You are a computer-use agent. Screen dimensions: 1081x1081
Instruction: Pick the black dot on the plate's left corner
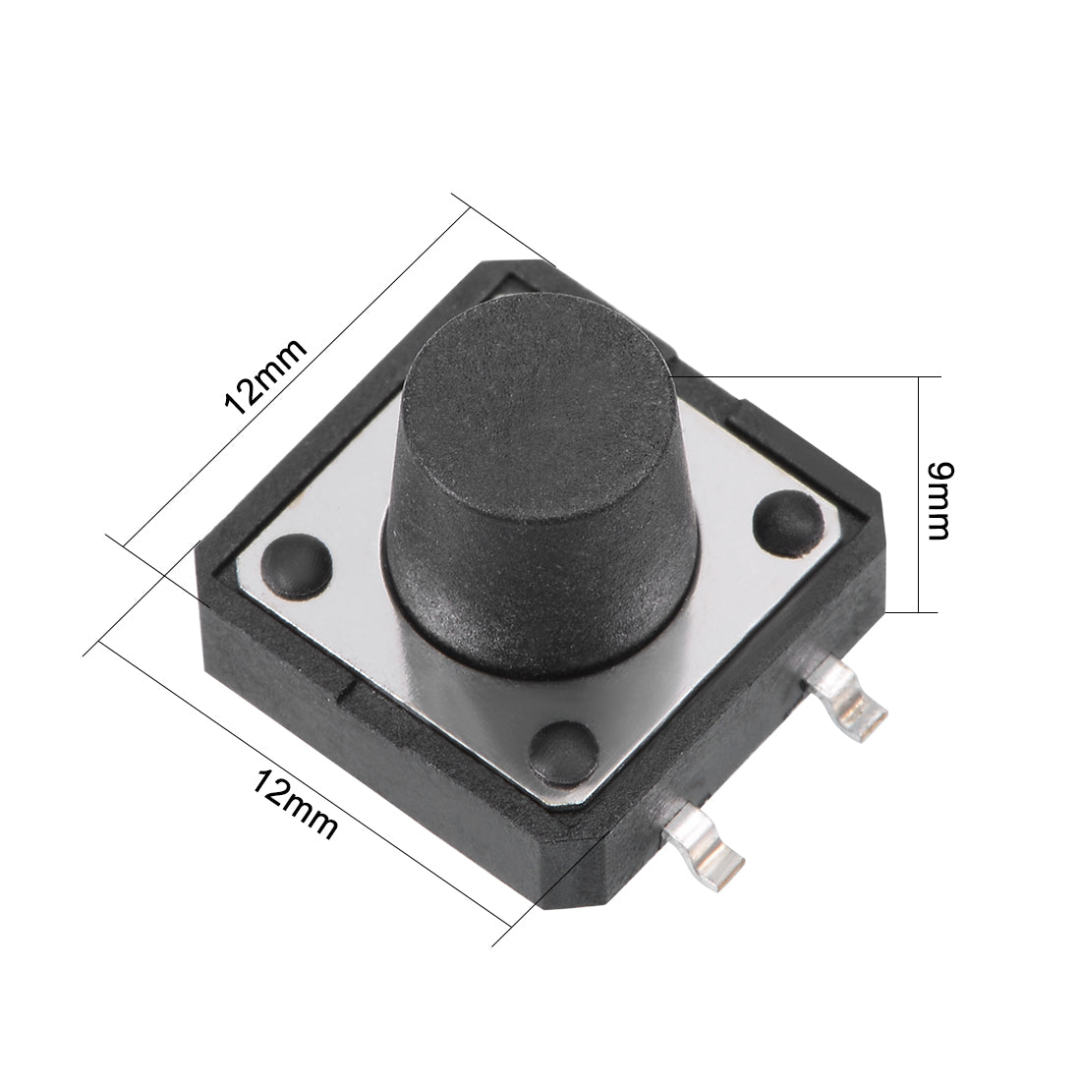pyautogui.click(x=296, y=565)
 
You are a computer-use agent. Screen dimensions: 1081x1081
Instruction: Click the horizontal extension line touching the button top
pyautogui.click(x=806, y=376)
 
